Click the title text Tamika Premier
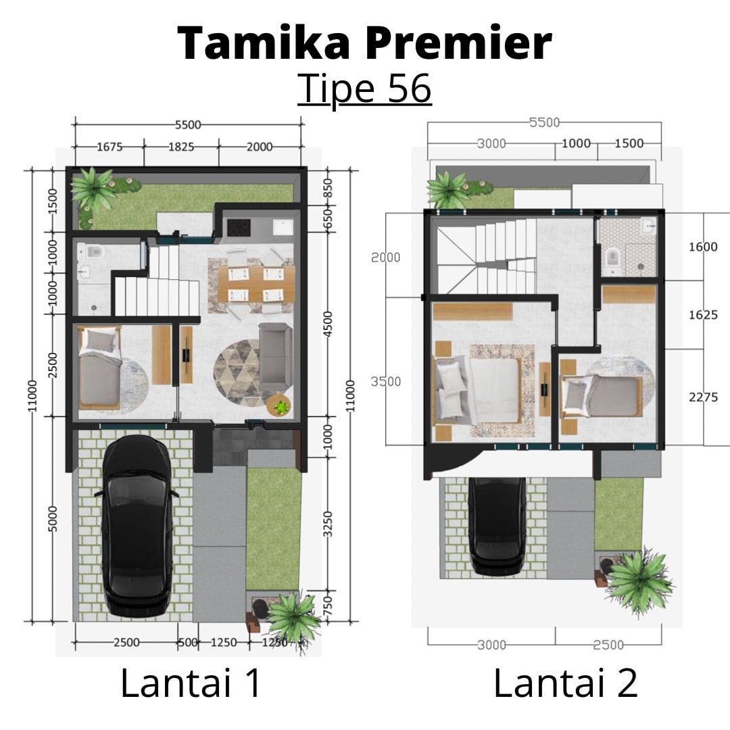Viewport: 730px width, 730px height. tap(365, 43)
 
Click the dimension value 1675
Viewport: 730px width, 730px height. tap(109, 147)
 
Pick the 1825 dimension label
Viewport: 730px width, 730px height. tap(180, 147)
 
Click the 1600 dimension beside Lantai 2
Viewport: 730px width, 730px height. tap(703, 247)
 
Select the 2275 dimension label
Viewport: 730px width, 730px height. tap(703, 397)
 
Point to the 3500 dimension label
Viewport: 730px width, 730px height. tap(385, 381)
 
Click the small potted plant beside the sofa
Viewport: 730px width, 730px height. tap(279, 406)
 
